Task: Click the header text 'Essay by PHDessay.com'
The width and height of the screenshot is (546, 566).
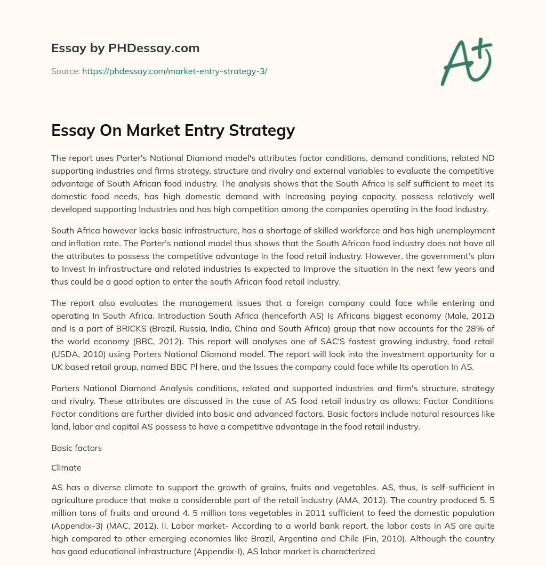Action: point(125,48)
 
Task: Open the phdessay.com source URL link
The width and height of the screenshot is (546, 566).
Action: point(174,71)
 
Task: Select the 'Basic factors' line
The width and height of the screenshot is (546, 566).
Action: point(76,448)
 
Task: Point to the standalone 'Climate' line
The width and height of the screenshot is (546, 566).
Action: point(66,467)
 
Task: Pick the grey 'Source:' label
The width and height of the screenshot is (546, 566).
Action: point(65,71)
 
